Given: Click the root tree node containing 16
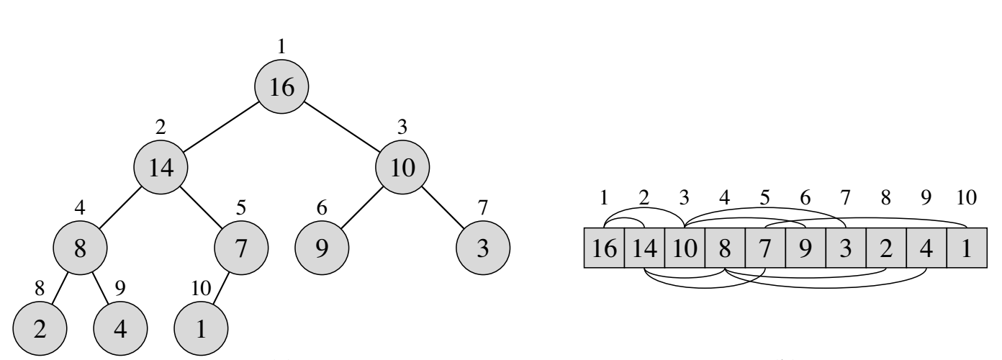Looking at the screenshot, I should (x=281, y=86).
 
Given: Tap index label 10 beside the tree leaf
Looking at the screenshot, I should (x=201, y=289).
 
